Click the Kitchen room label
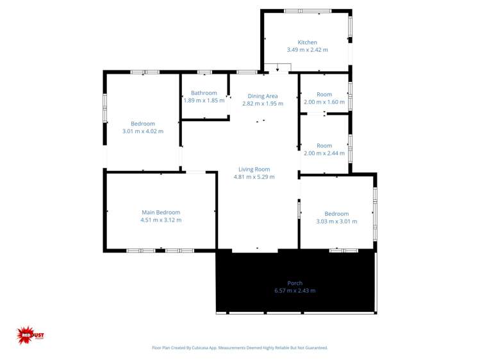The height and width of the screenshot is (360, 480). pos(307,42)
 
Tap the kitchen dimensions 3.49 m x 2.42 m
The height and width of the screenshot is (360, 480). pos(307,50)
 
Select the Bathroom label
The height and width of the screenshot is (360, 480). pos(204,93)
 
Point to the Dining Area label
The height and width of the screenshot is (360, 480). pos(263,96)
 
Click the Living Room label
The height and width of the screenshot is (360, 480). pos(254,169)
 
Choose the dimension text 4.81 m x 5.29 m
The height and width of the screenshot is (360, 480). pos(254,177)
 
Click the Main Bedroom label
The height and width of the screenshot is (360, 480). pos(161,212)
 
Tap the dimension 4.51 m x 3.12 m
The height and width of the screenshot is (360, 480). pos(161,220)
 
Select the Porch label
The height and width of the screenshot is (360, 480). pos(295,282)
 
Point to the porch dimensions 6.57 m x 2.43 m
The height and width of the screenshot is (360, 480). pos(295,290)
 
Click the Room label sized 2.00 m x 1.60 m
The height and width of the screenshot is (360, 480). pos(324,94)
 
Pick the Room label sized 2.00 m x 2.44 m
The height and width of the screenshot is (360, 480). pos(324,145)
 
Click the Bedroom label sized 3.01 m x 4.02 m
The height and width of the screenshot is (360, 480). pos(143,124)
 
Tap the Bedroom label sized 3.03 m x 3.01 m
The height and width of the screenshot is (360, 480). pos(336,213)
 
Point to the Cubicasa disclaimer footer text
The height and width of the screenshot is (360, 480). pos(240,348)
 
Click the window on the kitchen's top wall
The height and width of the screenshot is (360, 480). pos(308,11)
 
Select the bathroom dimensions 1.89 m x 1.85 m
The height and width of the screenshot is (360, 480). pos(204,101)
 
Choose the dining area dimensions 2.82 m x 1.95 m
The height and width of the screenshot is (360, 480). pos(263,104)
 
